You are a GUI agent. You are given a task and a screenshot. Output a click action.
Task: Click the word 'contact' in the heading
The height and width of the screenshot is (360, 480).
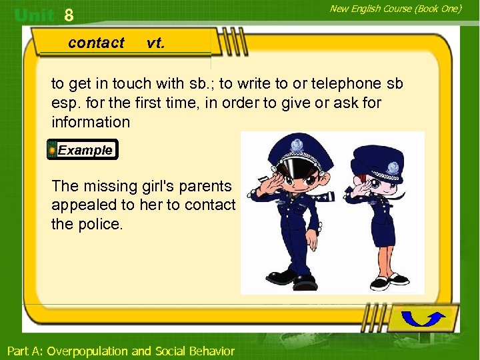[96, 43]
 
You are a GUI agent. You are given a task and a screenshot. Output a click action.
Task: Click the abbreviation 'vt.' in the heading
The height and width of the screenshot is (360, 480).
[155, 43]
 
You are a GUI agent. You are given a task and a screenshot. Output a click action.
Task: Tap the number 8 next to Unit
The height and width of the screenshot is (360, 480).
[68, 15]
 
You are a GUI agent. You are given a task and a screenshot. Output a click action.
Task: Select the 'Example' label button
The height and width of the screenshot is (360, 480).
[85, 150]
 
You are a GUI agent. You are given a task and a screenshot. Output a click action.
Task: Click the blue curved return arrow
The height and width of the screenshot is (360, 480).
[423, 319]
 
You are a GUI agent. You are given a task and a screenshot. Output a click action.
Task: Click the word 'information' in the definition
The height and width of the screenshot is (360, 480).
[91, 122]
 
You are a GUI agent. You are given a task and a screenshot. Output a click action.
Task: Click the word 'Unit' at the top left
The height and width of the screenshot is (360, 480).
[35, 15]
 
